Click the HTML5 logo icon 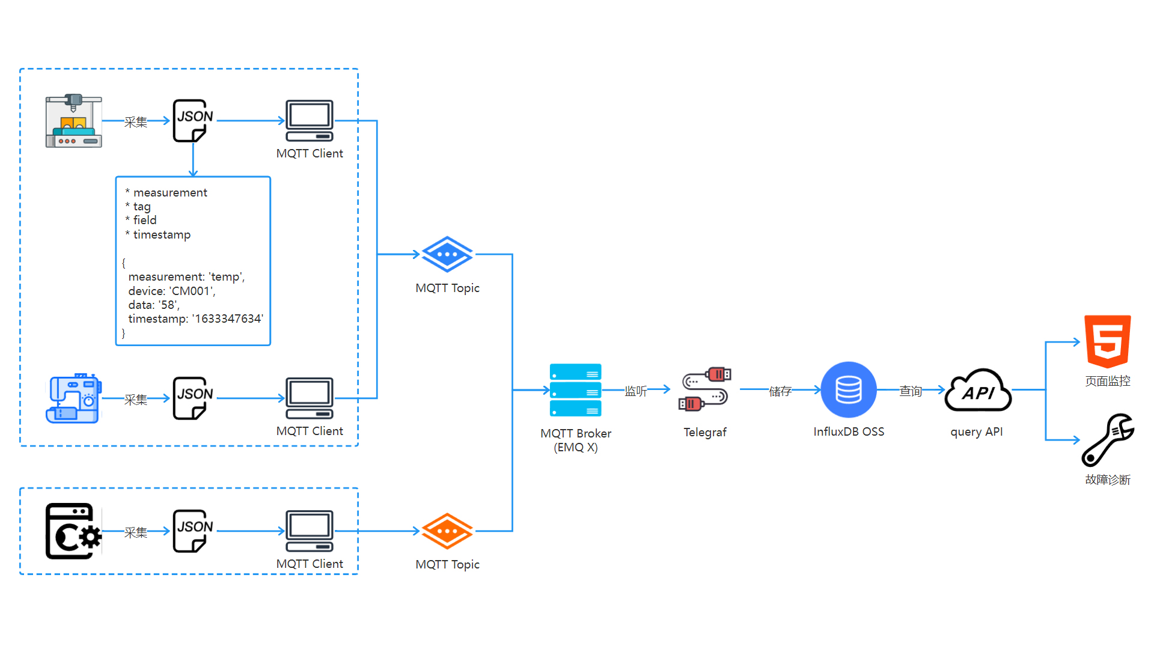point(1107,341)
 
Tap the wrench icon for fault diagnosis point(1107,440)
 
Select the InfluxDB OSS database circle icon point(848,389)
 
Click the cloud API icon point(978,391)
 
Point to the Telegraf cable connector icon point(704,389)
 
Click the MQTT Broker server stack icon point(575,390)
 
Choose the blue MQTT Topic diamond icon point(447,254)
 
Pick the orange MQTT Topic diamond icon point(447,531)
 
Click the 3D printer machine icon point(73,121)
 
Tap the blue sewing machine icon point(73,398)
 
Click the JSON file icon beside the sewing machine point(192,398)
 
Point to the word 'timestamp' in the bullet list point(162,234)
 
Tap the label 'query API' point(976,431)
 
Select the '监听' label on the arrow point(635,391)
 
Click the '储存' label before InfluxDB point(780,391)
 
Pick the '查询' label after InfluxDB point(910,391)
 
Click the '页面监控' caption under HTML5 point(1107,381)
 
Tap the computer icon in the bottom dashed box point(310,531)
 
